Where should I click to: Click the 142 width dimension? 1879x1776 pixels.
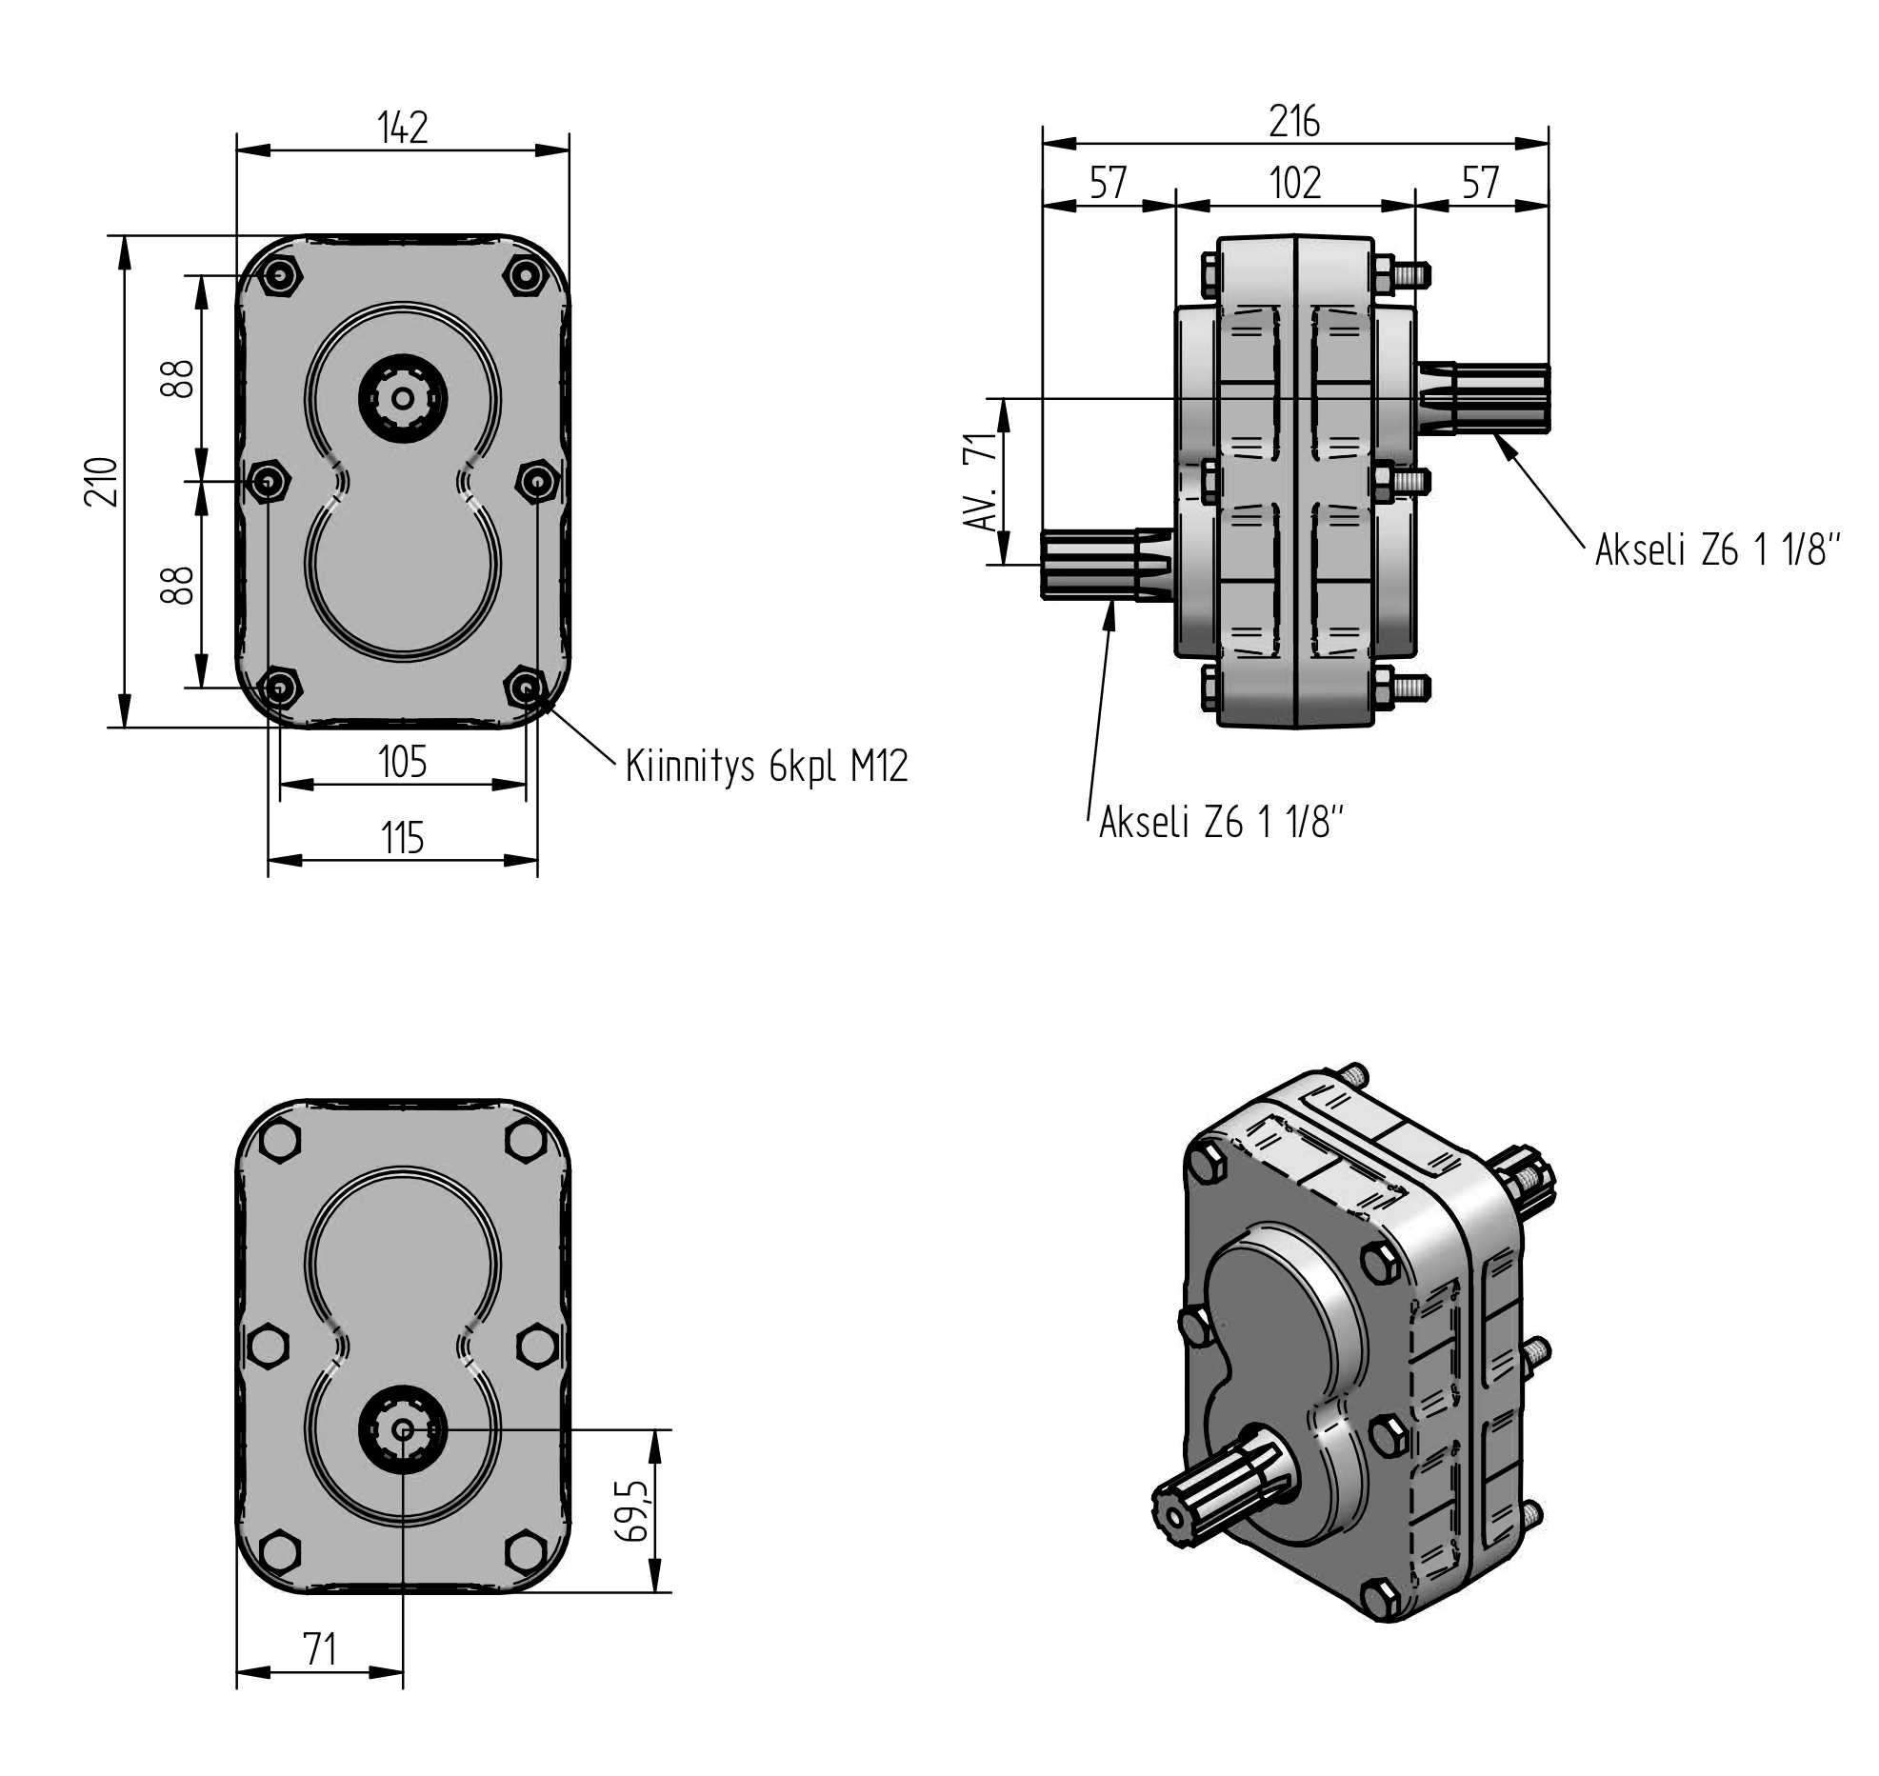[403, 128]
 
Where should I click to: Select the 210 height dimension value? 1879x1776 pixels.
[102, 481]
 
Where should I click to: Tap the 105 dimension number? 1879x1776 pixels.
[402, 762]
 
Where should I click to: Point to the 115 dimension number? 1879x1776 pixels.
[402, 839]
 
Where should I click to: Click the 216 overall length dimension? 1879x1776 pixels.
[1294, 122]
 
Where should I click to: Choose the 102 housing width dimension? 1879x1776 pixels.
[1295, 182]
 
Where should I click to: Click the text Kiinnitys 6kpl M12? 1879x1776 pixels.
[767, 766]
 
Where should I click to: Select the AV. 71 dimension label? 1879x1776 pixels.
[980, 481]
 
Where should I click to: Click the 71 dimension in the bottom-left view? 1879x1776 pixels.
[320, 1648]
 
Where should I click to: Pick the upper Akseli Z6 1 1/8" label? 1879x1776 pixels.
[1718, 549]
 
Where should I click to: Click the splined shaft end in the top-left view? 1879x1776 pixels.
[403, 399]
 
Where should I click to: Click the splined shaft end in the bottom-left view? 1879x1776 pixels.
[403, 1429]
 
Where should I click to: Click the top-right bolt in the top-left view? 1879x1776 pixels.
[525, 276]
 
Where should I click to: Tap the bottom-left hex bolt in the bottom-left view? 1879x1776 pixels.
[279, 1549]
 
